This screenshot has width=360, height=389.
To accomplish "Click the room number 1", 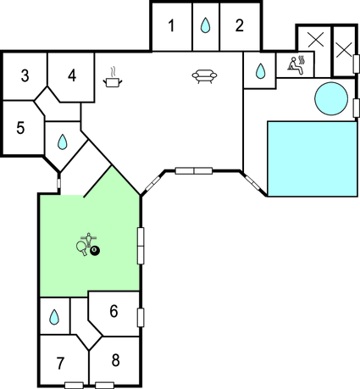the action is pyautogui.click(x=171, y=25).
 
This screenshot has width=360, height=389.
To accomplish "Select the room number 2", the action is pyautogui.click(x=239, y=25).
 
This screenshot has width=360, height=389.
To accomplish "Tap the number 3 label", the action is pyautogui.click(x=25, y=75).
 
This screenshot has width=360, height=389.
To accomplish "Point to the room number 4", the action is pyautogui.click(x=72, y=75).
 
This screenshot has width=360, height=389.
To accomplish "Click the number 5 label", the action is pyautogui.click(x=20, y=128).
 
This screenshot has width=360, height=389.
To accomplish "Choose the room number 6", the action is pyautogui.click(x=114, y=311).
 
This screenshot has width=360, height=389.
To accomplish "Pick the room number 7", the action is pyautogui.click(x=60, y=364).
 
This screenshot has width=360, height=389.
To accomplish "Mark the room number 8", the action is pyautogui.click(x=115, y=360).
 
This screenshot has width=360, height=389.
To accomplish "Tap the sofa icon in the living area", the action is pyautogui.click(x=204, y=76).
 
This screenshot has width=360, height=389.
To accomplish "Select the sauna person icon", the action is pyautogui.click(x=296, y=65).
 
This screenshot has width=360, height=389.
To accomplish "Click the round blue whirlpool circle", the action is pyautogui.click(x=331, y=98).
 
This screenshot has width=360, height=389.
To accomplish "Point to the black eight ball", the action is pyautogui.click(x=95, y=251).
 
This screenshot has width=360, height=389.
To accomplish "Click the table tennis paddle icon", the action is pyautogui.click(x=82, y=248).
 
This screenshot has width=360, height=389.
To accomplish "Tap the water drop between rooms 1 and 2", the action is pyautogui.click(x=205, y=25).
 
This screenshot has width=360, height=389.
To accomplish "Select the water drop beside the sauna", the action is pyautogui.click(x=260, y=71).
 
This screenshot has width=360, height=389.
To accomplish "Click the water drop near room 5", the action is pyautogui.click(x=62, y=142).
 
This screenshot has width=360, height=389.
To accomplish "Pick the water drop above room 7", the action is pyautogui.click(x=54, y=317).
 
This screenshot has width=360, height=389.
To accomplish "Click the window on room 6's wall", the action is pyautogui.click(x=141, y=318).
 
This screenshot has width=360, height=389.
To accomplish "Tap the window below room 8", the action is pyautogui.click(x=104, y=386).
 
